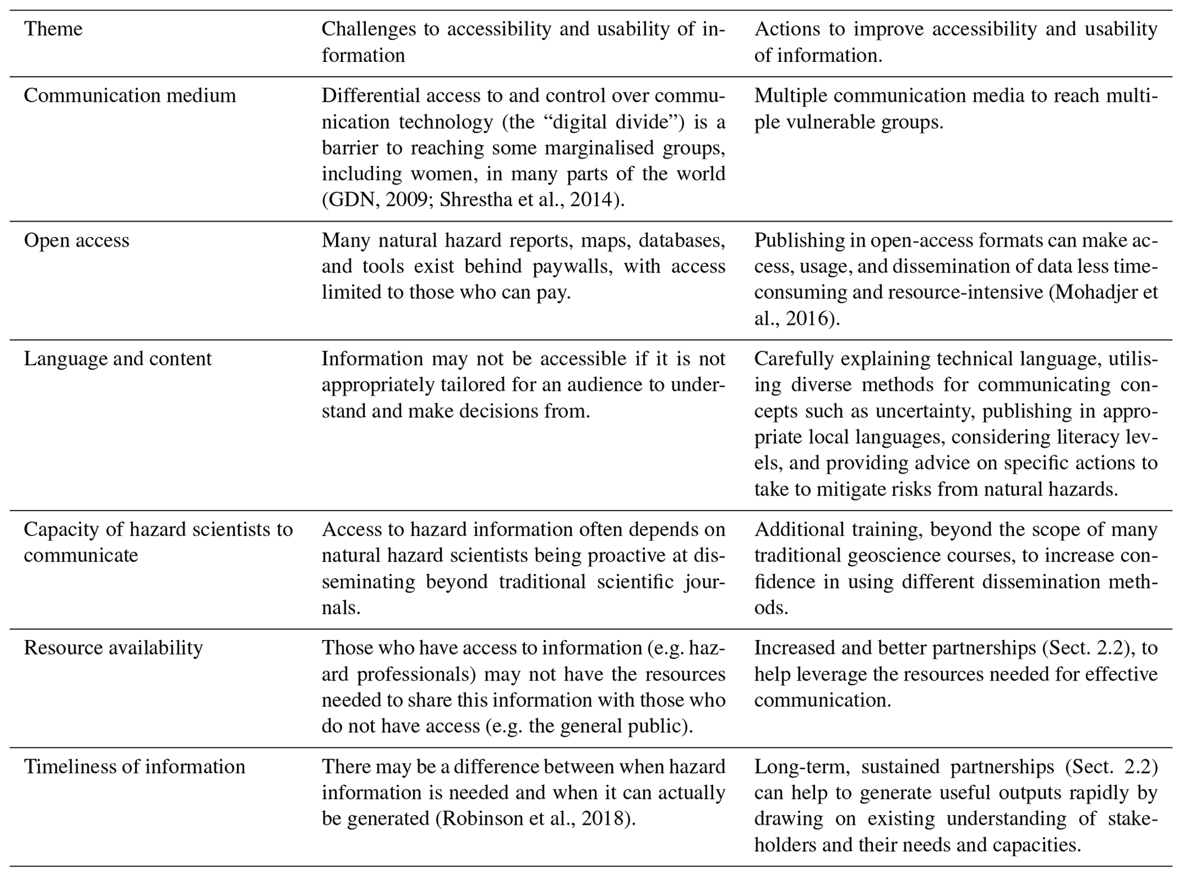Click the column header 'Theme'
point(53,29)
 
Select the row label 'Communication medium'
point(130,95)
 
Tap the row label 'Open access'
point(77,240)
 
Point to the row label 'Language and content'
point(118,358)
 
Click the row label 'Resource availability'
point(113,647)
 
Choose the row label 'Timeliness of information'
point(134,766)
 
